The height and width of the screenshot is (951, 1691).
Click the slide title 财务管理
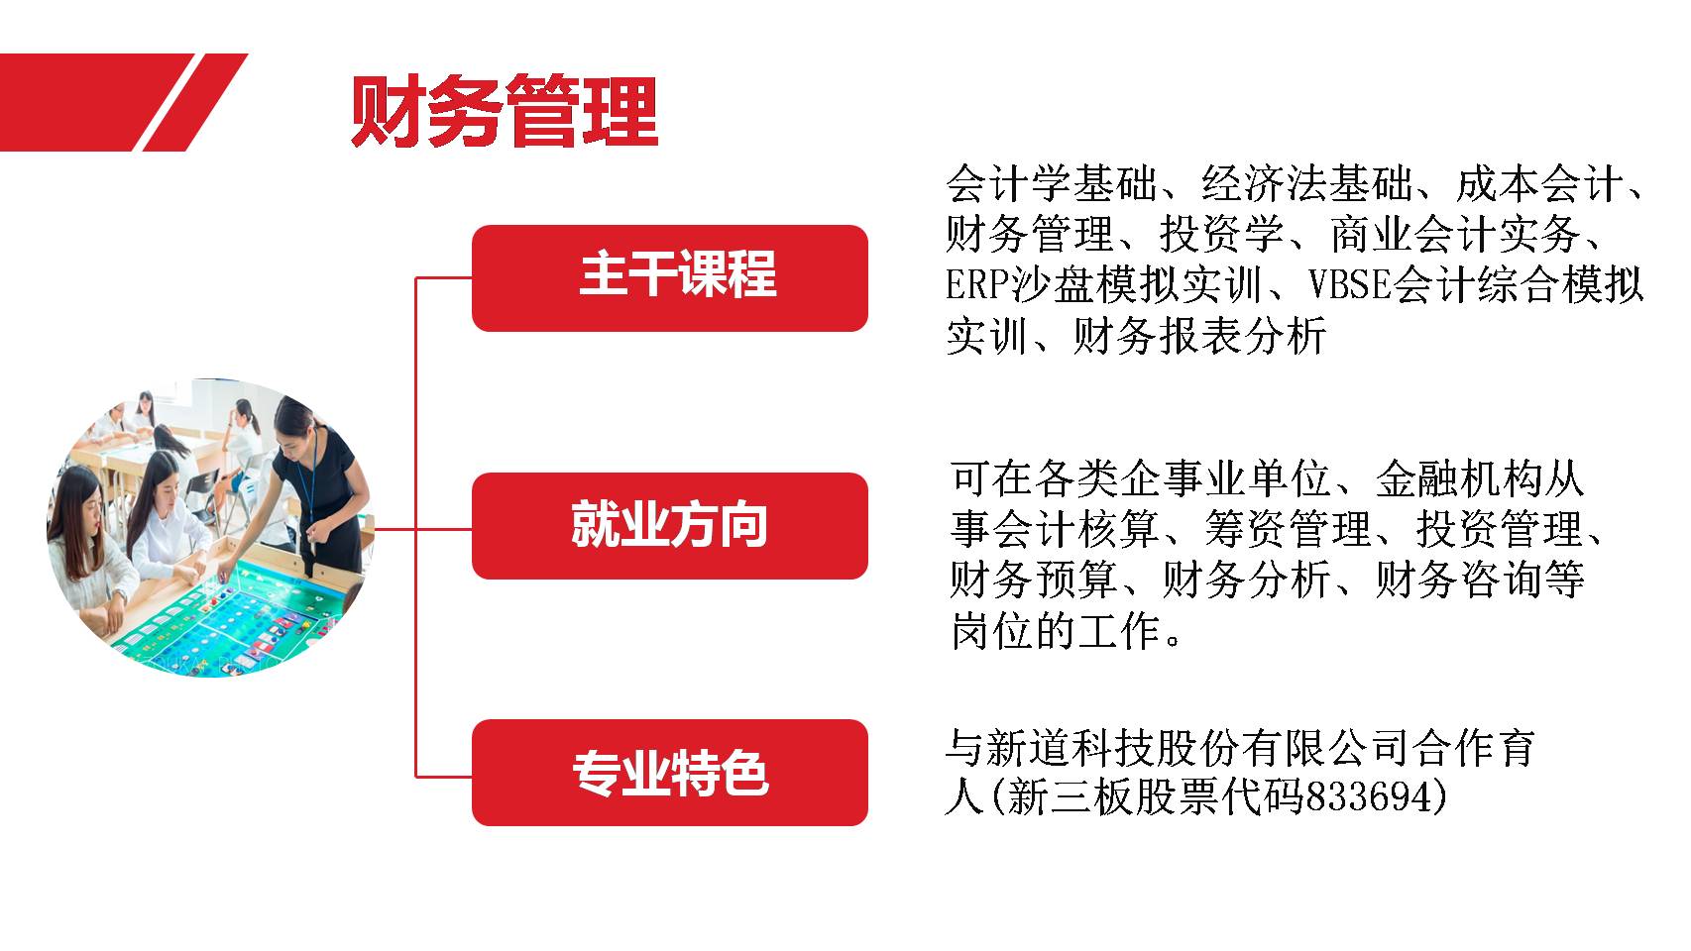(505, 111)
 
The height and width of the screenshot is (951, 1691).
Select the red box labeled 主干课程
(670, 277)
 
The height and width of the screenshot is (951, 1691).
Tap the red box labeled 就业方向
(670, 526)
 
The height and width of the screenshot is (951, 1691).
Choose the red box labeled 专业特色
(670, 772)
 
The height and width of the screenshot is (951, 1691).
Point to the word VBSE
(1350, 285)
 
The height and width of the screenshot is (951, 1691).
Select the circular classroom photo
(210, 528)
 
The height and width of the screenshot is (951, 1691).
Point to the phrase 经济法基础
(1306, 183)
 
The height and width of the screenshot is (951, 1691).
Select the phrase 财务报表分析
(1199, 336)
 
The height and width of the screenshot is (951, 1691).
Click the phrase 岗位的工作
(1056, 631)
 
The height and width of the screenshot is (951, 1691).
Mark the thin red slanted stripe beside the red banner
(194, 103)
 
